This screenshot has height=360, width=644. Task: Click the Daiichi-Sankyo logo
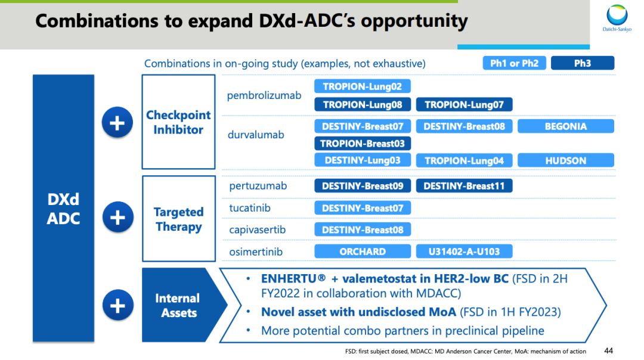(x=617, y=18)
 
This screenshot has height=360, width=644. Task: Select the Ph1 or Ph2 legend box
(x=514, y=63)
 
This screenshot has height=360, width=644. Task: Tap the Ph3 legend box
(x=583, y=63)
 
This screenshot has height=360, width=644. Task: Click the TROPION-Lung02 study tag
(x=363, y=86)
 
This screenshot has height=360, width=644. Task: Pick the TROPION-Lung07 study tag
(x=464, y=105)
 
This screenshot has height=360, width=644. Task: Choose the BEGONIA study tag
(x=565, y=126)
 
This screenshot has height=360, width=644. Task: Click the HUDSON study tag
(x=565, y=160)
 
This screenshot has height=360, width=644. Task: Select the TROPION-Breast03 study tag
(x=363, y=144)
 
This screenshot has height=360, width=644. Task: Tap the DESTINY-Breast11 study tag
(x=464, y=186)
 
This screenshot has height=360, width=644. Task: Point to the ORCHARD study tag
(x=363, y=252)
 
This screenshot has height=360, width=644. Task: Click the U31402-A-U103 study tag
(x=464, y=252)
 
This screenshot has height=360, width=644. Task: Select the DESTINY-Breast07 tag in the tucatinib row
(x=363, y=208)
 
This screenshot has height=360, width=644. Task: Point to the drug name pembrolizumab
(x=264, y=95)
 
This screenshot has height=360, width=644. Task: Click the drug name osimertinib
(x=256, y=252)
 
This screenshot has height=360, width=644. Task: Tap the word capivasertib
(x=257, y=230)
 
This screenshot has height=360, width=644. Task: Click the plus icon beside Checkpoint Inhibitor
(x=117, y=122)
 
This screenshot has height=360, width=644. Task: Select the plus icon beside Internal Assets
(x=118, y=305)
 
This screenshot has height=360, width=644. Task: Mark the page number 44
(x=609, y=350)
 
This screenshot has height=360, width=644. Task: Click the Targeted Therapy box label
(x=179, y=219)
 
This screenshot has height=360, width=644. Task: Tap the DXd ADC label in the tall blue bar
(x=63, y=209)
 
